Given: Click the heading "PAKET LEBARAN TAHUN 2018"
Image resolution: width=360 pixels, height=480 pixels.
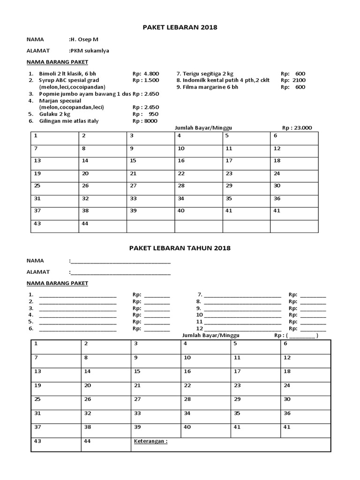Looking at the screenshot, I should (x=180, y=247).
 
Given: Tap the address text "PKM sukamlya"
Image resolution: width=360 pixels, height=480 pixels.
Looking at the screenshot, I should (x=89, y=50).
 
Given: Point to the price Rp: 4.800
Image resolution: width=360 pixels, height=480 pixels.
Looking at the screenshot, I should (x=146, y=74).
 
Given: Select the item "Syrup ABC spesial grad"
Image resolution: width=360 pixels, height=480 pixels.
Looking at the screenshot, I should (x=69, y=80).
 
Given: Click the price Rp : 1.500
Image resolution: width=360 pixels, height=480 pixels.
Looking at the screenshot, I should (x=146, y=80).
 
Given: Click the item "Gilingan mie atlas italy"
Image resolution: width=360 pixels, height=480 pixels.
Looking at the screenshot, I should (x=69, y=121).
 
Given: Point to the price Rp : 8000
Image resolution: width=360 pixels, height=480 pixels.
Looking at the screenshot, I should (x=145, y=121).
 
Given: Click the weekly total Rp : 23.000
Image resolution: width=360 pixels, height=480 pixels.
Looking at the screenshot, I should (x=297, y=127).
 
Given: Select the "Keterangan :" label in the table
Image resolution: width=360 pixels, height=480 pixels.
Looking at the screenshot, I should (x=150, y=442).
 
